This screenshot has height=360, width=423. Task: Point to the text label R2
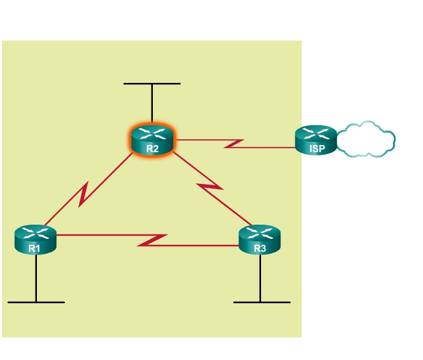[x=152, y=148]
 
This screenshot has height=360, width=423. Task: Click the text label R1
[x=35, y=248]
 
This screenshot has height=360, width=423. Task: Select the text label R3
[x=260, y=248]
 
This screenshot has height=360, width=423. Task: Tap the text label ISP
[x=317, y=148]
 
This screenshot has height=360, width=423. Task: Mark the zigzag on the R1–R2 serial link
[x=84, y=194]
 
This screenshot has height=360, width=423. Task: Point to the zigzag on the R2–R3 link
[x=209, y=187]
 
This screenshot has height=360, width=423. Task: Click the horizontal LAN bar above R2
[x=152, y=84]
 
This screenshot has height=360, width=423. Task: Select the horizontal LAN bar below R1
[x=36, y=302]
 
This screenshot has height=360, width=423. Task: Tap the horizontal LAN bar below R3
[x=262, y=302]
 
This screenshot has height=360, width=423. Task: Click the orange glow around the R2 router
[x=131, y=145]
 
